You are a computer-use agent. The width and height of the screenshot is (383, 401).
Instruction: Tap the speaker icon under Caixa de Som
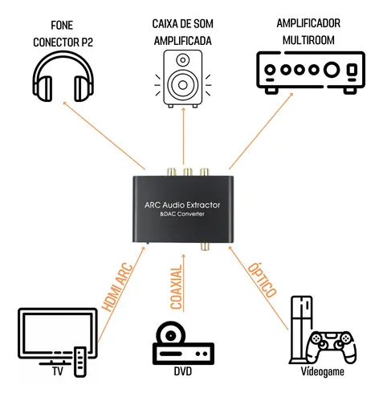183,79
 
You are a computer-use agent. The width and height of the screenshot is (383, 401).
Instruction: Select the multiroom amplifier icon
311,72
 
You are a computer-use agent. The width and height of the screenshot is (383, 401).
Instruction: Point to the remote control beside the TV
80,362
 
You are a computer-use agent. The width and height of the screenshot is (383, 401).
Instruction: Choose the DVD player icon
183,343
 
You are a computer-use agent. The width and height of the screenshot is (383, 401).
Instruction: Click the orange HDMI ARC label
117,287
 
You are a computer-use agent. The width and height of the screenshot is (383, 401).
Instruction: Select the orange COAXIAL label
177,287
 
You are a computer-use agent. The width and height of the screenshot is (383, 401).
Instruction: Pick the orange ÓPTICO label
262,280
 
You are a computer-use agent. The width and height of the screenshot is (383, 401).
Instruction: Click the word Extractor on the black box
203,205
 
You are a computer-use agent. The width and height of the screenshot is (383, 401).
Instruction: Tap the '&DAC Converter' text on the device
182,214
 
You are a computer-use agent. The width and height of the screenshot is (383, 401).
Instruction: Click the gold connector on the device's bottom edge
205,246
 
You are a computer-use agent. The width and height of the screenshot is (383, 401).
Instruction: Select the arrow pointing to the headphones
104,136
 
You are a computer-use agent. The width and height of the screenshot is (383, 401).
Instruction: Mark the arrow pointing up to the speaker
183,136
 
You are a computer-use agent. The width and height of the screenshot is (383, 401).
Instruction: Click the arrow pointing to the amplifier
261,131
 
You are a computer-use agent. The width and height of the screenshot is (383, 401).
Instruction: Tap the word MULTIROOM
308,40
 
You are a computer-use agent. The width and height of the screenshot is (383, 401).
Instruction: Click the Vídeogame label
322,371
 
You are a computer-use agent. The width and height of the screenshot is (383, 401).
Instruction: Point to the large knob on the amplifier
332,70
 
